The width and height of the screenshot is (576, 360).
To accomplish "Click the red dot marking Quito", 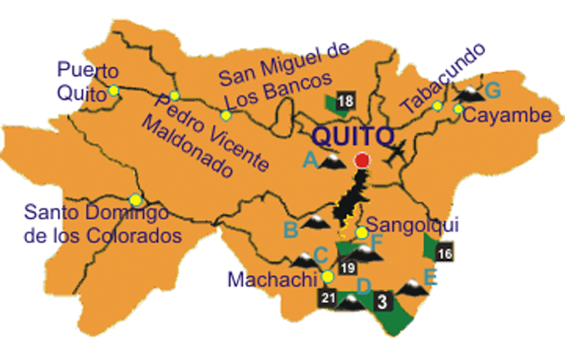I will coord(362,160).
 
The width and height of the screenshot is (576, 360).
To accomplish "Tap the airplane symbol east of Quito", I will coord(397,153).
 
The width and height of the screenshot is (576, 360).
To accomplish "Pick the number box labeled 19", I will coord(347,267).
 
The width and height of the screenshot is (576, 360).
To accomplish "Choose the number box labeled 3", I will coord(382,301).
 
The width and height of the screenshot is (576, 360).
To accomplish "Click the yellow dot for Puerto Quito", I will coord(114,90).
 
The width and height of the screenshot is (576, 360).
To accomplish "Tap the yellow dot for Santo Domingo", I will coord(136,199).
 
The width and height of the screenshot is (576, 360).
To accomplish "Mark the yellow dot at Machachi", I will coord(327,276).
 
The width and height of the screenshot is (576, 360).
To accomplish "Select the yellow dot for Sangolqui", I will coord(362,233).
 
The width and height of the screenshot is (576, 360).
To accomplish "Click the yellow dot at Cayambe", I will coord(458,109).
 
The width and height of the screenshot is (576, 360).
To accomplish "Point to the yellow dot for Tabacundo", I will coord(437,106).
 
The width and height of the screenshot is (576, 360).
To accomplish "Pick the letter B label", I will coord(291,230).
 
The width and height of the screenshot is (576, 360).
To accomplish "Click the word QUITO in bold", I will coord(353,137).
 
